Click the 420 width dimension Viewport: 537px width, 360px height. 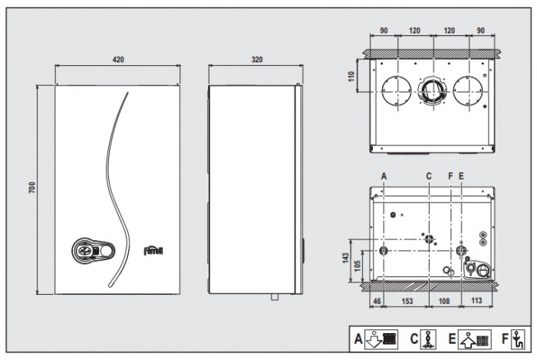(x=118, y=59)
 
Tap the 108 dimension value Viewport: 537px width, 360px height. (x=446, y=302)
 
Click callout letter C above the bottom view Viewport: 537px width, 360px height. (x=430, y=175)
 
